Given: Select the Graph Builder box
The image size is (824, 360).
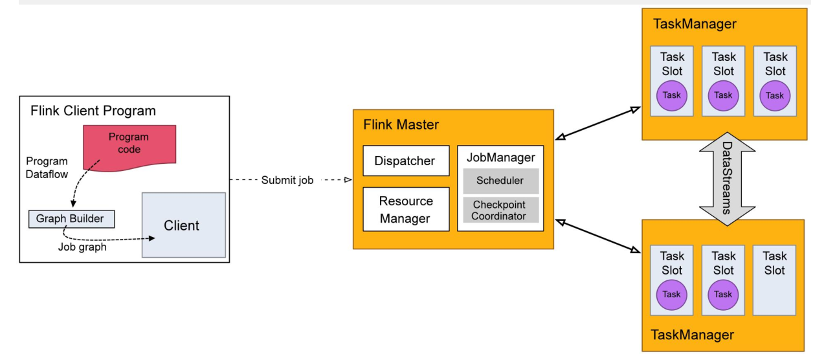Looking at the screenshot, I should [70, 219].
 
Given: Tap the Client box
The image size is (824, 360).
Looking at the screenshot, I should [183, 225].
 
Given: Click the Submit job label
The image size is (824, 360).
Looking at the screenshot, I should [287, 181].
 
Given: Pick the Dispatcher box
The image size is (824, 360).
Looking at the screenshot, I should [405, 161].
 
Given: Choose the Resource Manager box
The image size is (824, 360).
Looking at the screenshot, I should [405, 209].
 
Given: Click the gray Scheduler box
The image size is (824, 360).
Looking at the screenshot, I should [500, 181].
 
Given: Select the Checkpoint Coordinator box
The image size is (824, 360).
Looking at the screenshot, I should [500, 210].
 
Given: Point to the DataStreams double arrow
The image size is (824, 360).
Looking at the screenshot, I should [727, 178].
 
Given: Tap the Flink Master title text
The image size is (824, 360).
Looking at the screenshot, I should [401, 124].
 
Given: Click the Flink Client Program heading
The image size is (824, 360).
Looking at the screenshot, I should [93, 111].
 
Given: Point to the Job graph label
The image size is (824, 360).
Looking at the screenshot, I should [82, 246].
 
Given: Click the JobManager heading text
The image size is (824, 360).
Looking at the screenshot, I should [500, 157].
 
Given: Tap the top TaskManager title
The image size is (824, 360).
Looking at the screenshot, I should [695, 24].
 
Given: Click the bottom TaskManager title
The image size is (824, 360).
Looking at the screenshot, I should [693, 335].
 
